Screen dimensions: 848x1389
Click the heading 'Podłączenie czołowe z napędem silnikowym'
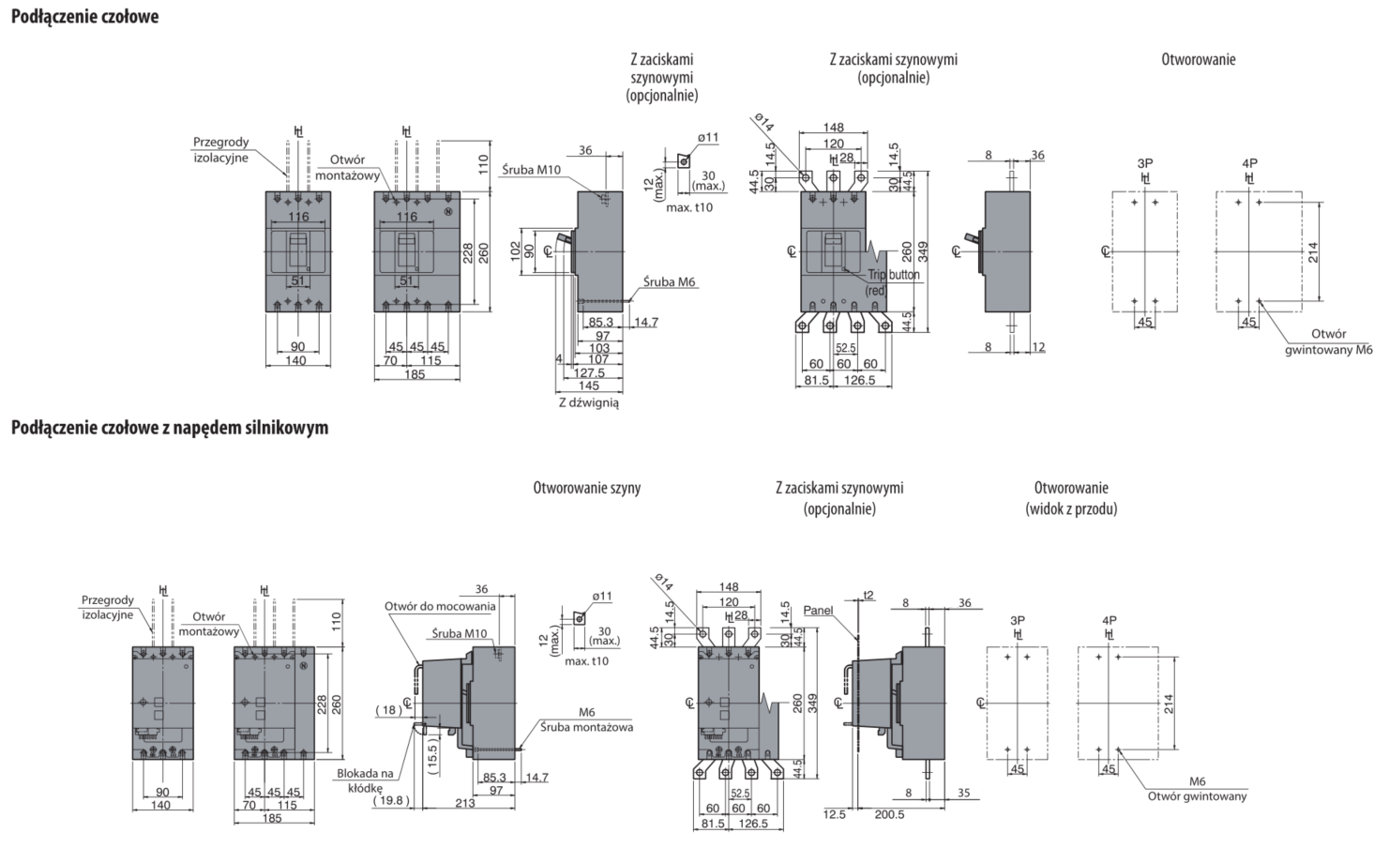coord(170,429)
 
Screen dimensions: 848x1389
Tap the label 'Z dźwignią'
coord(588,402)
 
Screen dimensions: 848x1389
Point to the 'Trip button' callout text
coord(893,275)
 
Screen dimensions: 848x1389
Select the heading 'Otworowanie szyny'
coord(587,488)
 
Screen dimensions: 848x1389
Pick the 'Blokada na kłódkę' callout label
coord(366,781)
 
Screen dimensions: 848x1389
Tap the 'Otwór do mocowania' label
coord(440,606)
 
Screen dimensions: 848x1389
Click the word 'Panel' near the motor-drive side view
coord(818,611)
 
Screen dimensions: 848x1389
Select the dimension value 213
coord(463,802)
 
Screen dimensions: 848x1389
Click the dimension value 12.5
coord(834,814)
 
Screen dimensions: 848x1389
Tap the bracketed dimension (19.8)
coord(391,800)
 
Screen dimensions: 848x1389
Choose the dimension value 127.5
coord(589,372)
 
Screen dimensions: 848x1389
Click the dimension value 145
coord(589,386)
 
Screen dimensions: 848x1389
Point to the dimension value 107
coord(598,359)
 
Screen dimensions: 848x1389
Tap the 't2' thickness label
coord(868,595)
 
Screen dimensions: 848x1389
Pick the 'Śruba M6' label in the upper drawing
coord(671,281)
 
